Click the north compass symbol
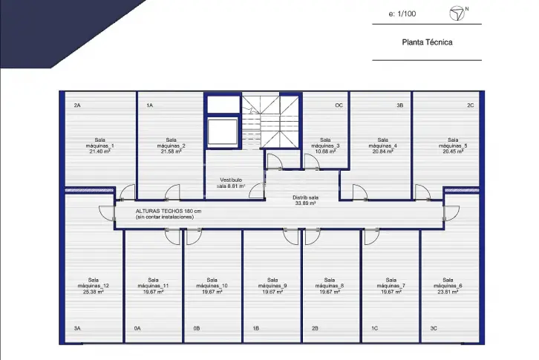[457, 13]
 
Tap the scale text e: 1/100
[402, 14]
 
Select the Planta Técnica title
[427, 42]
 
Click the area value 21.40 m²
[99, 151]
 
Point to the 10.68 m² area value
[325, 151]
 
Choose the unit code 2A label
[77, 105]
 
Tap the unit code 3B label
[399, 105]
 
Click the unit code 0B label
[197, 328]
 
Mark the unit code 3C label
[434, 328]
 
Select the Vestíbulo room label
[231, 180]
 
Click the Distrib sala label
[305, 197]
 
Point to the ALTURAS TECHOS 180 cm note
[169, 211]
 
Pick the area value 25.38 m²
[93, 292]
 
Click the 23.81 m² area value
[448, 292]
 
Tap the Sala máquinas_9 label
[272, 283]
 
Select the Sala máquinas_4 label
[382, 143]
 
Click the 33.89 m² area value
[305, 203]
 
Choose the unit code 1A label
[149, 105]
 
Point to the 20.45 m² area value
[453, 151]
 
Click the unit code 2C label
[470, 105]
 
